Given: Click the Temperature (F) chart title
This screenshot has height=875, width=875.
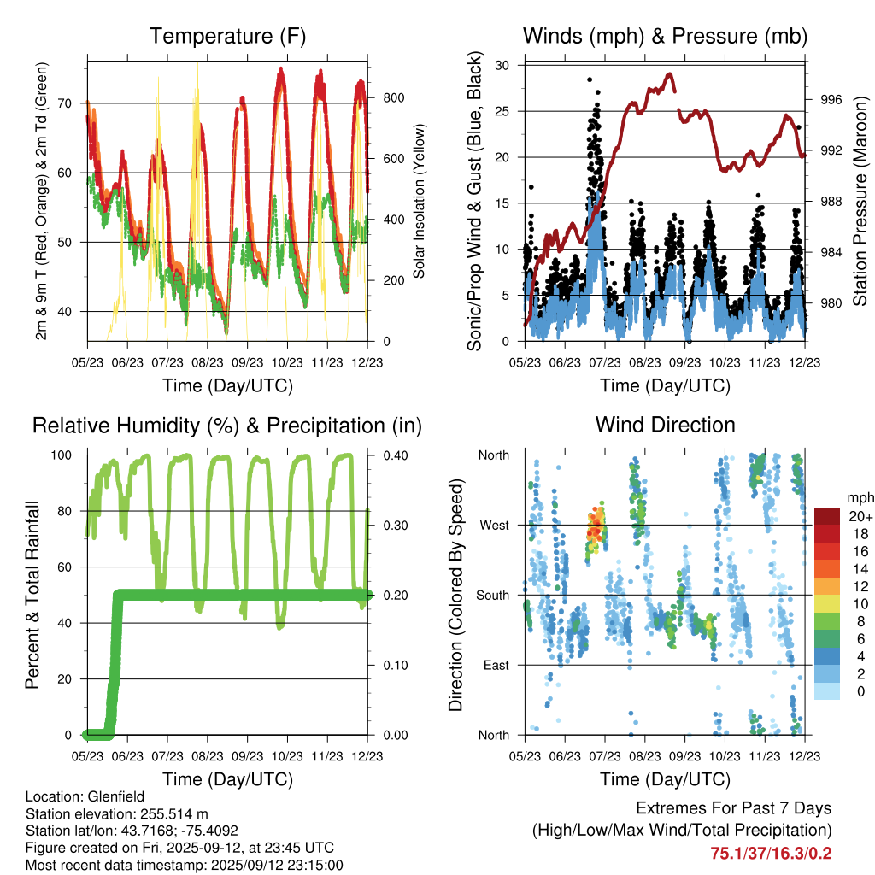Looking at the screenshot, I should click(226, 37).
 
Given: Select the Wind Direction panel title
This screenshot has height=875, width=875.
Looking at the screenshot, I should click(665, 425).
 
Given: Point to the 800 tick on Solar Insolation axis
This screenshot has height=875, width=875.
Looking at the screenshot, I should click(393, 97).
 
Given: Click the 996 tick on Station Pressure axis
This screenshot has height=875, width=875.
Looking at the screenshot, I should click(831, 100).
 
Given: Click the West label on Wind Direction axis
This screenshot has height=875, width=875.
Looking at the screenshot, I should click(493, 525).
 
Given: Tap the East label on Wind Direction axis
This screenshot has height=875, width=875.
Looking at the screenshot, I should click(495, 665).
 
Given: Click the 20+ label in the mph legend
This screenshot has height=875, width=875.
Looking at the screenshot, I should click(858, 516).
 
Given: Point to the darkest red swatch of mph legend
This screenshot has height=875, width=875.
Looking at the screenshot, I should click(826, 516).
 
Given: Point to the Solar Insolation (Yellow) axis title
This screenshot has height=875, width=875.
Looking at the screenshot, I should click(420, 202).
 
